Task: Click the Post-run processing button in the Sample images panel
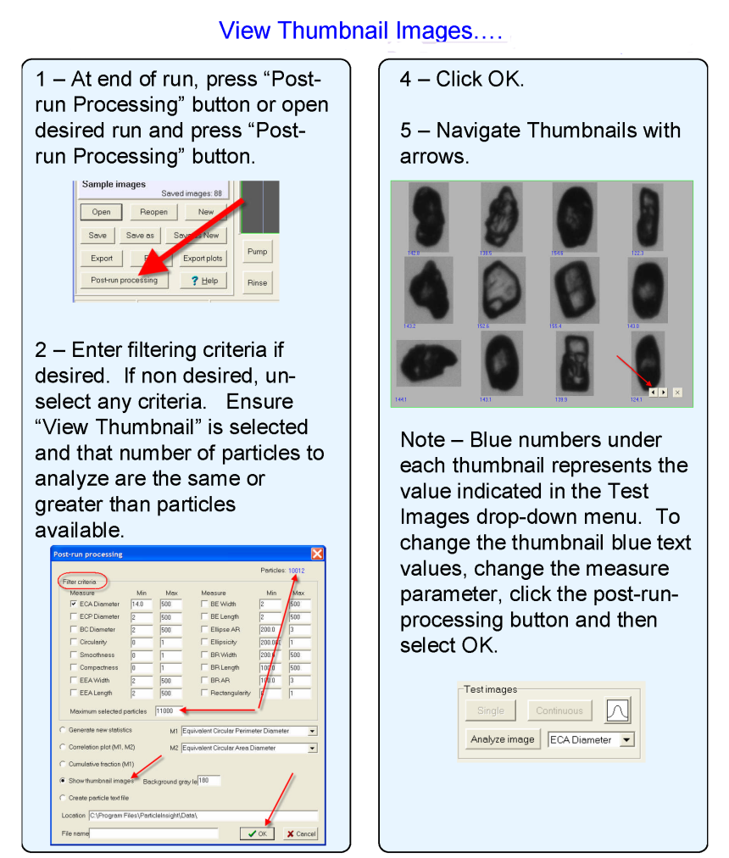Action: (124, 280)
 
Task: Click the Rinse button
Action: (257, 282)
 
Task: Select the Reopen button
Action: (153, 212)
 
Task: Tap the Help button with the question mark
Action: (203, 281)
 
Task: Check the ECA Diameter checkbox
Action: (72, 604)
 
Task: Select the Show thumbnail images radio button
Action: (62, 780)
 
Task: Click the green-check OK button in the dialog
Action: (258, 833)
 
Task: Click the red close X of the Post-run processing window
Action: (317, 554)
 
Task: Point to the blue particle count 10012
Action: (295, 571)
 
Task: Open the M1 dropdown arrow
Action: (312, 730)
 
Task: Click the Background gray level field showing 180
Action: (209, 780)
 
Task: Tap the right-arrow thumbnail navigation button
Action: (663, 393)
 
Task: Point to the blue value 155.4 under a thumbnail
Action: (555, 326)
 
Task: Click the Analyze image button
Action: (503, 739)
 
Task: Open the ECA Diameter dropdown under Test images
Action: (626, 740)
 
